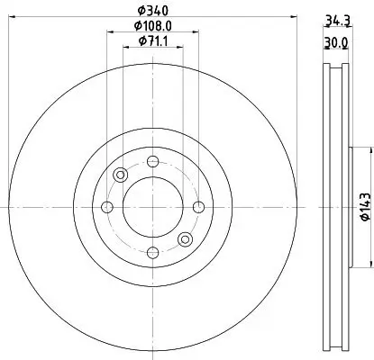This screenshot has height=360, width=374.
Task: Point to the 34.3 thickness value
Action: point(337,19)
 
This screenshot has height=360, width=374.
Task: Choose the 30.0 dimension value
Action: point(337,42)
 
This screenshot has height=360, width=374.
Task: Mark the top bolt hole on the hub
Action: point(152,162)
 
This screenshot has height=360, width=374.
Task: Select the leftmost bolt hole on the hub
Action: point(107,208)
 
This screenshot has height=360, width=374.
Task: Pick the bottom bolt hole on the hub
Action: point(152,253)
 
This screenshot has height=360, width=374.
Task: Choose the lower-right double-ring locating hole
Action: point(185,238)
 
